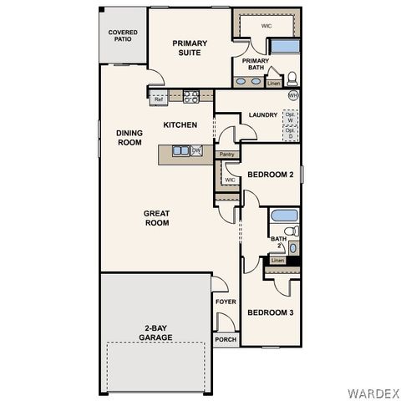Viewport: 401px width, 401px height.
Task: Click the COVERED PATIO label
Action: click(x=123, y=37)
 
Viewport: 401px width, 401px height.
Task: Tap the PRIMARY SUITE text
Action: click(x=190, y=47)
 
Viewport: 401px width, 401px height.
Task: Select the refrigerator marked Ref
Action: click(x=159, y=99)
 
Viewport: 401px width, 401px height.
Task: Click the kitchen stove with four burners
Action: click(x=190, y=96)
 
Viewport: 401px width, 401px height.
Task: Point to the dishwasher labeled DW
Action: click(x=196, y=150)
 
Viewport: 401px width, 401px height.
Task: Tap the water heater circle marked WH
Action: click(x=292, y=96)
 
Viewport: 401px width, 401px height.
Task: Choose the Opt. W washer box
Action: click(x=290, y=117)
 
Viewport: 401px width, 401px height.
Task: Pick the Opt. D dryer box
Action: click(x=290, y=132)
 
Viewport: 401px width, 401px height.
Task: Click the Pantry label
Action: click(x=226, y=155)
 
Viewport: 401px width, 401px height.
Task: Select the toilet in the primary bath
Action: click(x=292, y=80)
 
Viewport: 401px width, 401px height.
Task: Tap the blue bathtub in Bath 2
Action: click(x=283, y=216)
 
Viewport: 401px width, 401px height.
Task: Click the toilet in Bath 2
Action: click(x=290, y=231)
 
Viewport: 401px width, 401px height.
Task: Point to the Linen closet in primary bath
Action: click(x=273, y=83)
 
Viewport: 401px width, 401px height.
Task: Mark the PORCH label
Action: click(x=226, y=339)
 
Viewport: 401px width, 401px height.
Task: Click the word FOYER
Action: click(x=226, y=302)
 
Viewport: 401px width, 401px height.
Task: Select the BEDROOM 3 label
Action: click(x=270, y=313)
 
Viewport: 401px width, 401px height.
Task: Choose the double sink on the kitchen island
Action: click(x=180, y=150)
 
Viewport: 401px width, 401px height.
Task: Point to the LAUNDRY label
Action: click(x=262, y=115)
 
